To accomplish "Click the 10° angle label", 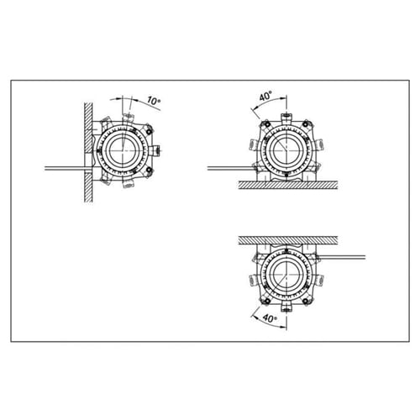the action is click(x=154, y=101).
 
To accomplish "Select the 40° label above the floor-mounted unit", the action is click(x=265, y=97).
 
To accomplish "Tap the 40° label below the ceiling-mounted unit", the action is click(x=270, y=318).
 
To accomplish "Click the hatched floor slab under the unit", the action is click(x=288, y=185).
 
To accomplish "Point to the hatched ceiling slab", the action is click(x=288, y=240).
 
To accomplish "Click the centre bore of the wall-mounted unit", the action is click(x=123, y=150).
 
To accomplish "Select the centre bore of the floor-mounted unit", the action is click(x=286, y=150).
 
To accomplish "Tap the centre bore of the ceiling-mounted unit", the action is click(x=286, y=275).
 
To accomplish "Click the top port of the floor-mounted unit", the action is click(x=286, y=118).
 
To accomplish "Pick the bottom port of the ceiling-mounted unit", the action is click(x=286, y=307).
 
